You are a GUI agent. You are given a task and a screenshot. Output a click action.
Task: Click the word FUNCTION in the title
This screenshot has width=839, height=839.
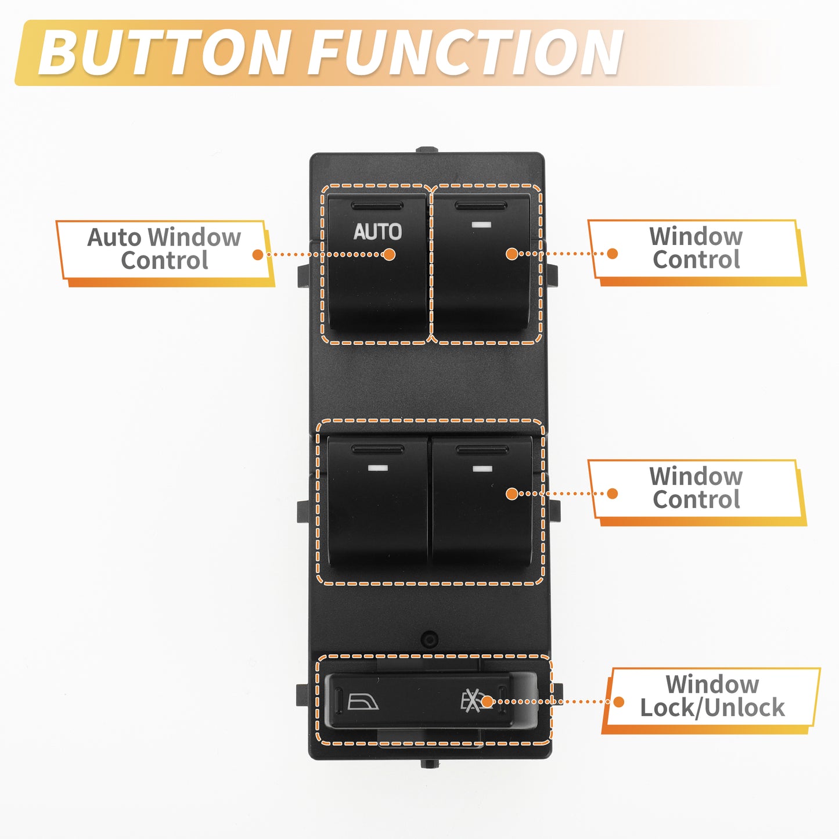click(x=466, y=53)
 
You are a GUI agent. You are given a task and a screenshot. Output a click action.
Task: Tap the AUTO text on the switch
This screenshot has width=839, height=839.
click(x=377, y=232)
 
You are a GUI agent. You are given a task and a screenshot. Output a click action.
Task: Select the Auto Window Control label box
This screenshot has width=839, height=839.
click(x=164, y=253)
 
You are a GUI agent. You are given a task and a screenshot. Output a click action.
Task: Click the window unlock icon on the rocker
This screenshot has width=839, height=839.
click(x=363, y=701)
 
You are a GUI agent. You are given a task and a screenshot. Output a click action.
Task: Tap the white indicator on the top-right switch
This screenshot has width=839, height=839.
click(x=481, y=225)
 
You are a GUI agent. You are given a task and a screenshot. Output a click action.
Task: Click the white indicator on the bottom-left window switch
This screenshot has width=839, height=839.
click(x=377, y=468)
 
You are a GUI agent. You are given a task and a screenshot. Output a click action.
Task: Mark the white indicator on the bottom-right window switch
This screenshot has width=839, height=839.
click(x=482, y=469)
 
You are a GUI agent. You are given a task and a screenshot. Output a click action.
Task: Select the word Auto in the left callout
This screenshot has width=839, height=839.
click(x=114, y=237)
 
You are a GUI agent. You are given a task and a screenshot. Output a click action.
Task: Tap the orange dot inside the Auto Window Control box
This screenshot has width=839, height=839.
click(x=258, y=255)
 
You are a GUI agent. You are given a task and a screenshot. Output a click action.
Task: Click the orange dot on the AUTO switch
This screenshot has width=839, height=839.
click(x=389, y=255)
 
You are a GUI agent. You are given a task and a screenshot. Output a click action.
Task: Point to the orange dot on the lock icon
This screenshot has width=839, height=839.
click(x=487, y=701)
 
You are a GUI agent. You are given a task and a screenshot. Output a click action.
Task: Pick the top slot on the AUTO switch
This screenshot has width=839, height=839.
click(x=377, y=206)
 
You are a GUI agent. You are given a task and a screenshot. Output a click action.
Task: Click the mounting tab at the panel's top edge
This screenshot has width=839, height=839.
click(x=427, y=150)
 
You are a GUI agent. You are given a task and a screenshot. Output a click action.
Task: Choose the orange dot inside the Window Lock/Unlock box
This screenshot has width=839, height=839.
click(x=618, y=701)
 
